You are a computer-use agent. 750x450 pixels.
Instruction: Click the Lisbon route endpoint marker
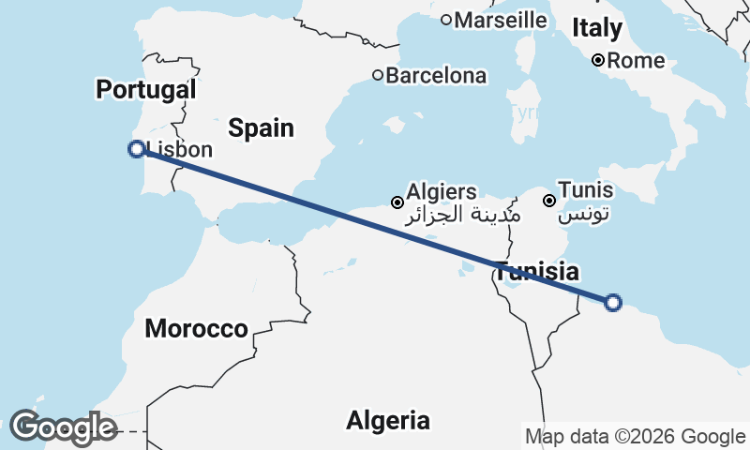point(137,148)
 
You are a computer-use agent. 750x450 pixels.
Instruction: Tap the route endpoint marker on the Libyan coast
point(613,302)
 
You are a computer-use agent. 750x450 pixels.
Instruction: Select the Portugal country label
point(146,90)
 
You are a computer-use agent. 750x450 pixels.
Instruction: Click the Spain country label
point(262,128)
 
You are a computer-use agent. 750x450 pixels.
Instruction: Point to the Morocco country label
point(196,329)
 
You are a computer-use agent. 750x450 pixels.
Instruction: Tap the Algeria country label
point(388,420)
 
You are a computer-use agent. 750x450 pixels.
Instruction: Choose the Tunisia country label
point(536,273)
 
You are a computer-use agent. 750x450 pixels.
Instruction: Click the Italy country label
point(597,28)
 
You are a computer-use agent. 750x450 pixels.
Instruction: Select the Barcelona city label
point(437,75)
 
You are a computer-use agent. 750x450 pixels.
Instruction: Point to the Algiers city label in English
point(442,191)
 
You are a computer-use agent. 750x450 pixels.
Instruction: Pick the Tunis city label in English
point(585,190)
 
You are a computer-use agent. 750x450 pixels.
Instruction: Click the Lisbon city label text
point(181,149)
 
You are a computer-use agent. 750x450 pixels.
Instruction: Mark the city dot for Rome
point(597,61)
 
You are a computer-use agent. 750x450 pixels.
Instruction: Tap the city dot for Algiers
point(397,202)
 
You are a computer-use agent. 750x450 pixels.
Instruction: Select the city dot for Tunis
point(549,200)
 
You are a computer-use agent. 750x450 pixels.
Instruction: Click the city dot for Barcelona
point(378,75)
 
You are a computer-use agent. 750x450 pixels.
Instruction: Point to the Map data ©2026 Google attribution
point(635,436)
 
